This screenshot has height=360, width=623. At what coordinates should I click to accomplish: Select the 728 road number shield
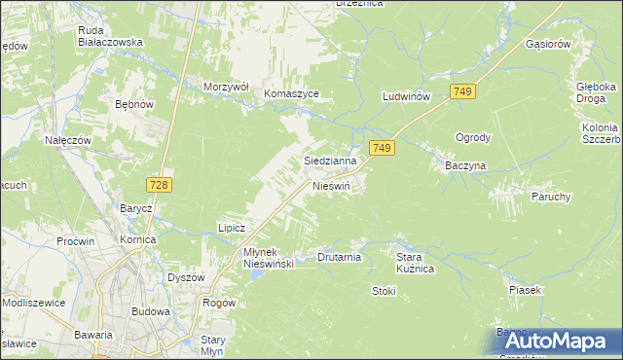pos(161,185)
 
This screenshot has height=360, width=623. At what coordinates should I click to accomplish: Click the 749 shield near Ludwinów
pos(462,90)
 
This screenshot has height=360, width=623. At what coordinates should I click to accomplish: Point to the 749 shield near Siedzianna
pos(382,148)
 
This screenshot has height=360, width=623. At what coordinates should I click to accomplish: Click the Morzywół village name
pos(227,87)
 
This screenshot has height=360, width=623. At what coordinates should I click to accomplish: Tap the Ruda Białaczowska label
pos(111,36)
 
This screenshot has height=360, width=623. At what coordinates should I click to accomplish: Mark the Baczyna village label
pos(465,165)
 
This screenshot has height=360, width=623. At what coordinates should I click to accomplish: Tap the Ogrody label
pos(473,137)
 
